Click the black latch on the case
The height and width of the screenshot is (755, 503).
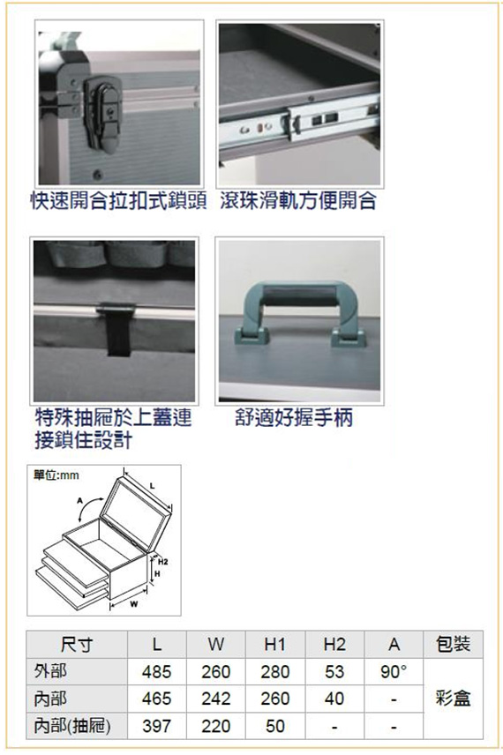coord(101,113)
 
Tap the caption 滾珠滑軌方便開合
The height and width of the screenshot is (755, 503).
coord(298,200)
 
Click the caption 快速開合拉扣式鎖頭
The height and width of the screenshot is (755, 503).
coord(118,200)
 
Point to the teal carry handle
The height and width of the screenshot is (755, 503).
coord(300,312)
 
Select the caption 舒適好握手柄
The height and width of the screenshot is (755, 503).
coord(294,417)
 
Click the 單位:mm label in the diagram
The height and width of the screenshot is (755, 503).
coord(56,475)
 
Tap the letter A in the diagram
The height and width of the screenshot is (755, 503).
coord(80,501)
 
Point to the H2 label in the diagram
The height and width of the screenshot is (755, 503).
coord(163,562)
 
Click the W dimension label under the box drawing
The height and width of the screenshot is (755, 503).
coord(133,604)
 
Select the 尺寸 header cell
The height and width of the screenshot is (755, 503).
coord(77,644)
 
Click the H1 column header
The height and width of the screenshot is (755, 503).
coord(275,644)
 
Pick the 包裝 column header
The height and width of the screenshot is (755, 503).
coord(453,644)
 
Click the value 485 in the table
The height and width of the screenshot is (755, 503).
coord(156,671)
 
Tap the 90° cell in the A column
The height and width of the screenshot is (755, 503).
coord(394,671)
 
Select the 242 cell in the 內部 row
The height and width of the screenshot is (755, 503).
coord(216,699)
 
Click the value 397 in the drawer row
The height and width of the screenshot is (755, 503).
coord(156,726)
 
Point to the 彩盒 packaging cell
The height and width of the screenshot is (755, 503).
coord(453,699)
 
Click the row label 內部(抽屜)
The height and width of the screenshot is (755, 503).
coord(72,726)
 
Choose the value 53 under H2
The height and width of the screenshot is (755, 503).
coord(334,671)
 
